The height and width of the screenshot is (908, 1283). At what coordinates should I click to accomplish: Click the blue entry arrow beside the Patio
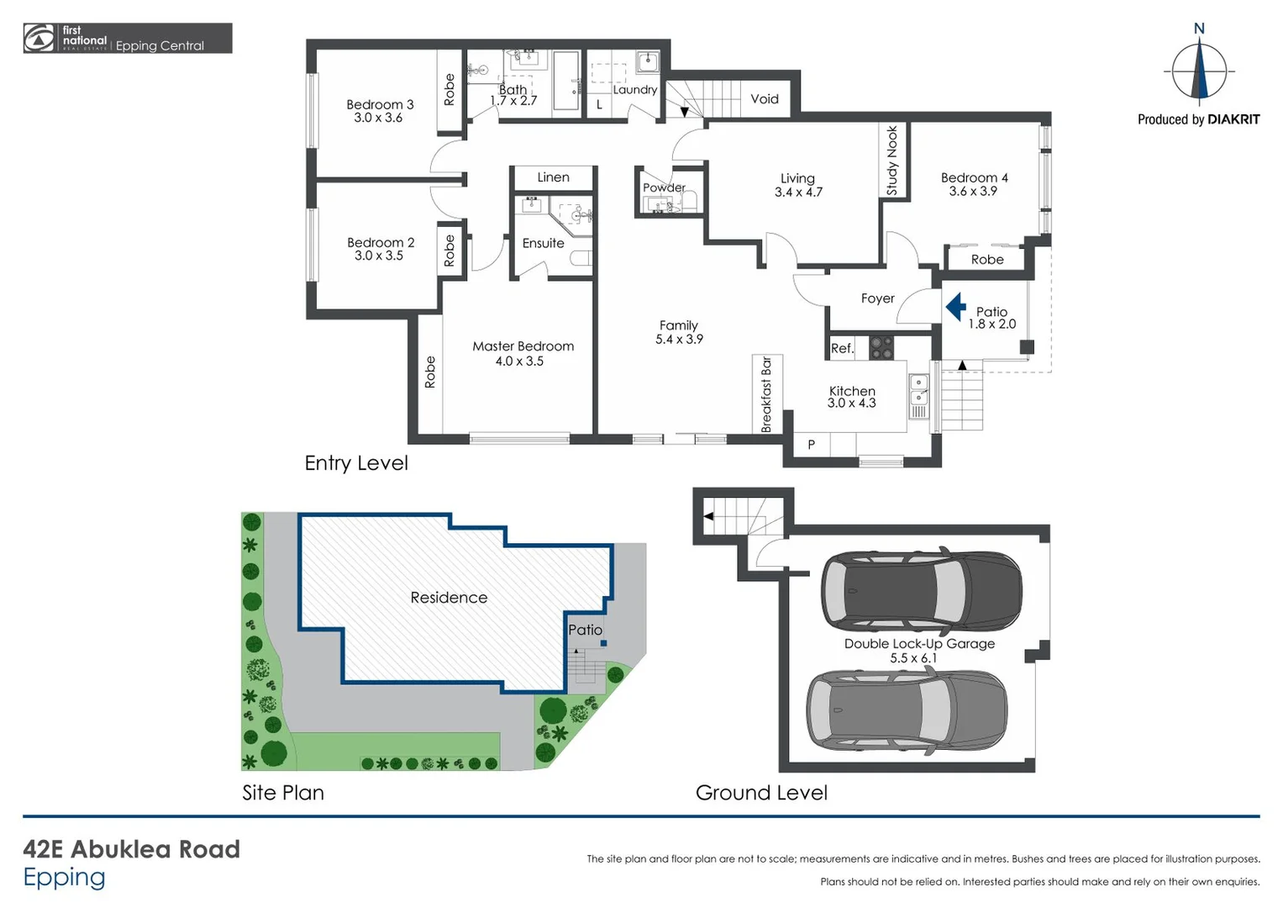click(x=956, y=307)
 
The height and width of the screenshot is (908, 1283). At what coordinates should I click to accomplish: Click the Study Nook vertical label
click(x=892, y=161)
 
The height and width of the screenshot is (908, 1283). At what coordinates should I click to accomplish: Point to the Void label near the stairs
click(x=764, y=99)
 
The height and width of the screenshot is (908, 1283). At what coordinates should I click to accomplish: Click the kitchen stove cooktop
click(x=881, y=348)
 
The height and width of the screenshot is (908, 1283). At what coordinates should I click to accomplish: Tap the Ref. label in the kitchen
click(x=841, y=349)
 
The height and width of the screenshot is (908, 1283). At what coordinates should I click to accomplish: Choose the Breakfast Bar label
click(x=766, y=394)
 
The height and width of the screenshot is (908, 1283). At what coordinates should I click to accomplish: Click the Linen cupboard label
click(x=553, y=177)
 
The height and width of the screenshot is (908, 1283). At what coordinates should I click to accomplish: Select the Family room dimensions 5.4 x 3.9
click(x=679, y=340)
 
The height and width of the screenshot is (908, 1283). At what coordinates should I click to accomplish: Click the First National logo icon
click(x=39, y=39)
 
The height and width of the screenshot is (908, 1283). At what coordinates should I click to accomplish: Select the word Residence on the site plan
click(x=449, y=598)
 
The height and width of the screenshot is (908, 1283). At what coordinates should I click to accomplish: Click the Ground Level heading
click(x=761, y=793)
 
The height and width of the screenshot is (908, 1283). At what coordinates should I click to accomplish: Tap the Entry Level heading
click(x=356, y=463)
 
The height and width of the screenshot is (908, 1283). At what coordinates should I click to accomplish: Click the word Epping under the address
click(x=64, y=877)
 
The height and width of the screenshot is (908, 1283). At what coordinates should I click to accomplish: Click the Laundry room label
click(x=634, y=90)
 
